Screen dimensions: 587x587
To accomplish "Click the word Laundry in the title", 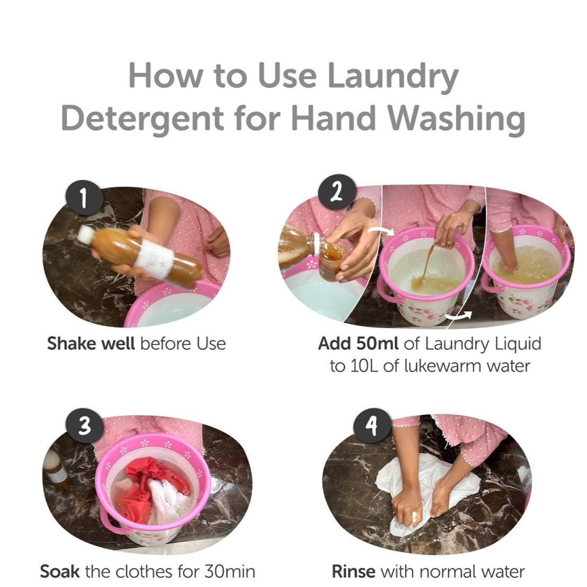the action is click(x=392, y=76).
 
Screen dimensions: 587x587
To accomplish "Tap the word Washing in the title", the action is click(x=456, y=118).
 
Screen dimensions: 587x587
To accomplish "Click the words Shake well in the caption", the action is click(x=91, y=344).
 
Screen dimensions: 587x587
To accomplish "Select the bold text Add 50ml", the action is click(x=358, y=344).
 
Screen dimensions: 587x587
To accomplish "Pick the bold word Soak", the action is click(x=59, y=571).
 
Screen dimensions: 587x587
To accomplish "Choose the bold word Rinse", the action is click(x=354, y=571).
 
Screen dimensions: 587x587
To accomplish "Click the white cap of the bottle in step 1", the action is click(x=85, y=234).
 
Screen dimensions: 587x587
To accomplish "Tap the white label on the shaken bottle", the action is click(x=154, y=259).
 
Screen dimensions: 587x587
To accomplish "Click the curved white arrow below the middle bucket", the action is click(x=459, y=316).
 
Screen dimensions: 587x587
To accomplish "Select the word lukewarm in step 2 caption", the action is click(x=442, y=366).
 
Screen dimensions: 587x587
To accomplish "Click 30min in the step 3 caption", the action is click(x=230, y=571).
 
